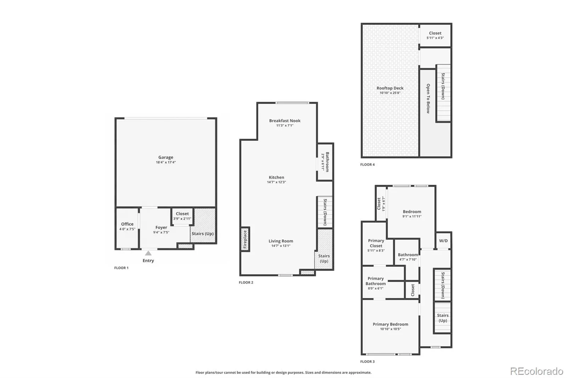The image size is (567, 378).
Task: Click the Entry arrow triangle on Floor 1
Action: [x=148, y=253]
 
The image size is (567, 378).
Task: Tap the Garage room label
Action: [x=166, y=157]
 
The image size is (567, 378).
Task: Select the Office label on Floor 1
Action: [x=127, y=224]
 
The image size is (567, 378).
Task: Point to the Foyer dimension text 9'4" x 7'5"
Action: [x=161, y=232]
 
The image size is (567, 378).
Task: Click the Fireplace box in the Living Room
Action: [x=245, y=239]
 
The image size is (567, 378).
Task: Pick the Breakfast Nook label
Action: [x=285, y=121]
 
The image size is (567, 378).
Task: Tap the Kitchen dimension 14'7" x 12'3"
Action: [x=276, y=182]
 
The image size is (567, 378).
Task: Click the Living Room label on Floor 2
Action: [x=281, y=241]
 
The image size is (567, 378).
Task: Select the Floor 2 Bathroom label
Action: [x=327, y=162]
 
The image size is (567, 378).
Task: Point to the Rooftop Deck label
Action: [x=390, y=88]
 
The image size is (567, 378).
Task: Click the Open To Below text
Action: [x=428, y=99]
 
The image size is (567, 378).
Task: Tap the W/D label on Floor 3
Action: [x=443, y=241]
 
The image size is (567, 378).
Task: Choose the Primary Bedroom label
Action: [x=390, y=324]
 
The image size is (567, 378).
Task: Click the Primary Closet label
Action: [x=376, y=243]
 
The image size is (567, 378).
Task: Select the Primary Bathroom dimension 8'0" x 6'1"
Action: [x=376, y=288]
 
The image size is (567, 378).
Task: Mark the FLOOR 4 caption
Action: [x=367, y=165]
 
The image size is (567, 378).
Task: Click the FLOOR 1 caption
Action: [x=121, y=268]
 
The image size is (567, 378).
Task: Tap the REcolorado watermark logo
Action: [x=537, y=371]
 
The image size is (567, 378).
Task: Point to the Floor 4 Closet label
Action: [x=435, y=33]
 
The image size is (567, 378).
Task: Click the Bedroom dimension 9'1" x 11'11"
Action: [x=412, y=216]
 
